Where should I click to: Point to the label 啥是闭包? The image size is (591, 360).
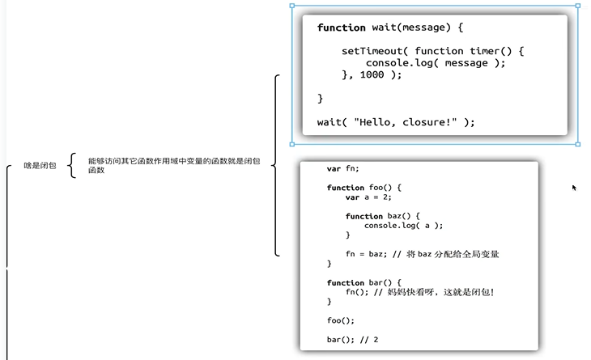40,166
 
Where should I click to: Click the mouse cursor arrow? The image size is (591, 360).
574,187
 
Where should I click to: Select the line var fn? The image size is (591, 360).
342,169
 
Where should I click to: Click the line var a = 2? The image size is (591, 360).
369,197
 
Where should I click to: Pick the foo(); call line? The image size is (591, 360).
341,320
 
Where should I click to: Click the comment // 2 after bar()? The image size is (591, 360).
371,339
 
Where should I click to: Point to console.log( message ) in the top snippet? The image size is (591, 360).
435,62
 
